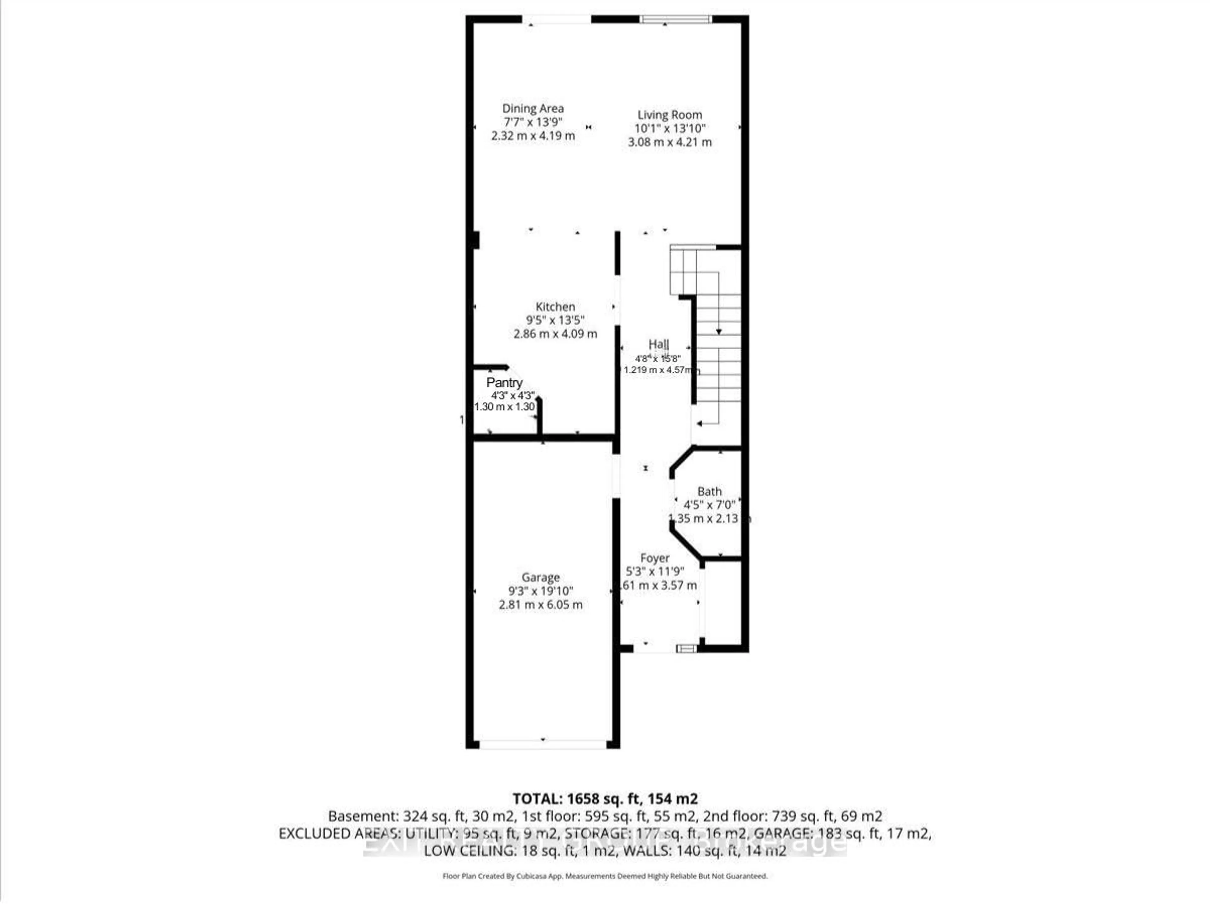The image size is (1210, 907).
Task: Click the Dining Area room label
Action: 533,109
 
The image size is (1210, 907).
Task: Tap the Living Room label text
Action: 670,115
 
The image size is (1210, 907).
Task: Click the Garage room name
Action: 540,577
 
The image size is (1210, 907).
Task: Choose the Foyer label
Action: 655,558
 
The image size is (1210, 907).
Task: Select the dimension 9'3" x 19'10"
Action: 540,591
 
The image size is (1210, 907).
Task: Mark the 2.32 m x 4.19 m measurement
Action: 533,136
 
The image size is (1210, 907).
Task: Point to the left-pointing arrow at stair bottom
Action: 700,423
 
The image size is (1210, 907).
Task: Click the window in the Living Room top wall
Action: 676,20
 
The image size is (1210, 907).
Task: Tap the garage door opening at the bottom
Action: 543,744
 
